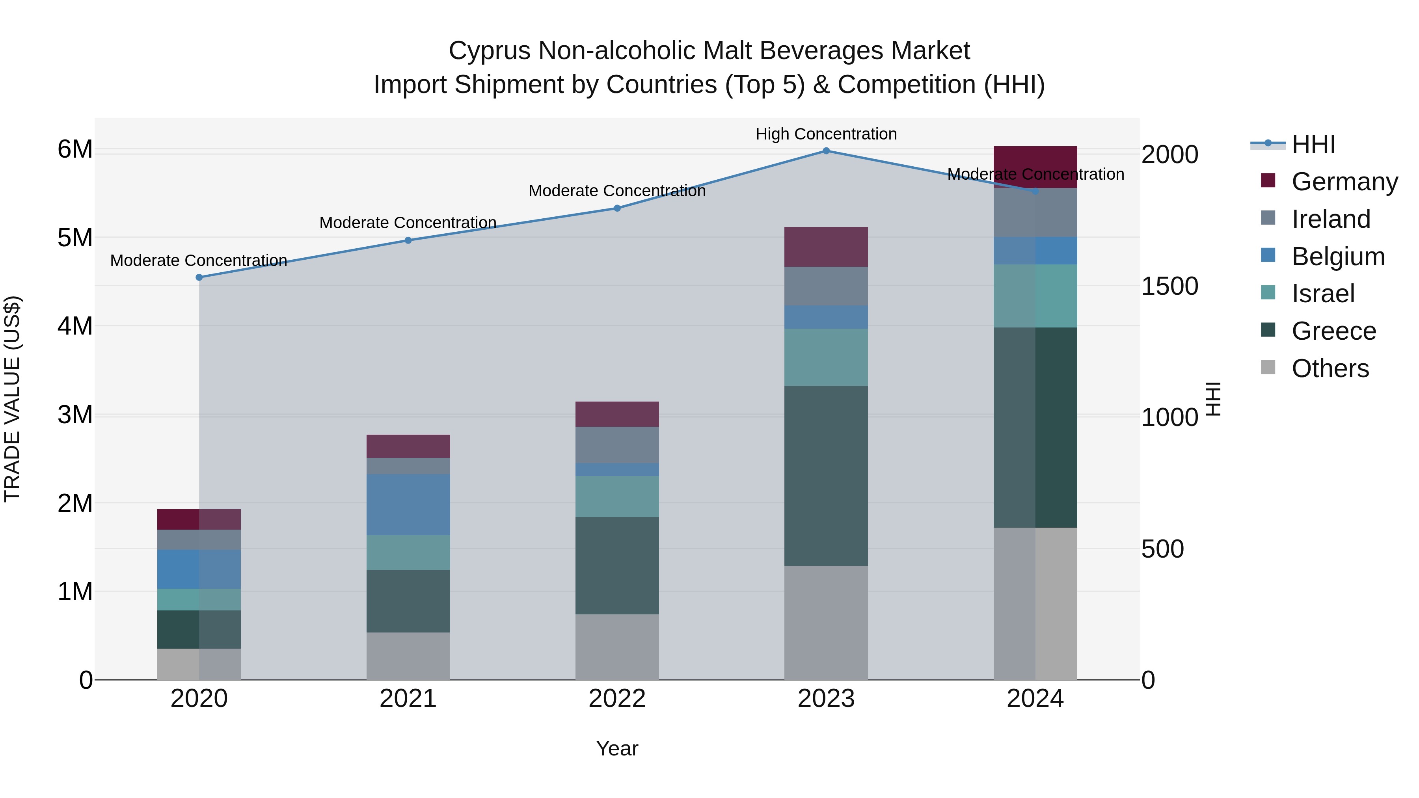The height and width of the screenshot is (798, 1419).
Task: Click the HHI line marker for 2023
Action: [x=826, y=151]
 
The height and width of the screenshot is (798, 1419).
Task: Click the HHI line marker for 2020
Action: [x=199, y=277]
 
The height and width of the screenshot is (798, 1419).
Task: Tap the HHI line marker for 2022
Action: [x=617, y=208]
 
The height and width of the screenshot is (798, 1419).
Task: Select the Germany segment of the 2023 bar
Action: [x=826, y=247]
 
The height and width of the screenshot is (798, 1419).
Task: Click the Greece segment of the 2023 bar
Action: [x=826, y=475]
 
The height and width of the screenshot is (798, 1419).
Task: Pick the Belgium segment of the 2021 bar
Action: [x=408, y=504]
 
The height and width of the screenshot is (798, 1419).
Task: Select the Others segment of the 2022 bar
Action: [x=617, y=647]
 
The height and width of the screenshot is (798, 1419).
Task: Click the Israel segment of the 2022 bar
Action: [x=617, y=496]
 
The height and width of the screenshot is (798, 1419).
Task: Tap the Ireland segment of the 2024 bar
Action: [x=1035, y=212]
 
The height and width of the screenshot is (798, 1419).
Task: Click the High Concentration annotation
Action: [x=826, y=134]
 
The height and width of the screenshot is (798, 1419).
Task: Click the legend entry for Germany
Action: [x=1345, y=182]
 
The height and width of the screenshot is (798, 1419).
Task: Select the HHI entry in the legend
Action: [x=1313, y=144]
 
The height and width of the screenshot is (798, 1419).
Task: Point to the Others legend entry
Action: [x=1330, y=368]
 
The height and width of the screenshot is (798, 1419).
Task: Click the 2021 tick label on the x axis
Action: [x=408, y=699]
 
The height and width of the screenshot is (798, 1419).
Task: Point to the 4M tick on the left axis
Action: [x=75, y=326]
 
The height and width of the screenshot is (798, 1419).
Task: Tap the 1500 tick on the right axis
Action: [x=1169, y=286]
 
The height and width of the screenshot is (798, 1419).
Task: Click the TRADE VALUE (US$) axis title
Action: [x=12, y=399]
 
